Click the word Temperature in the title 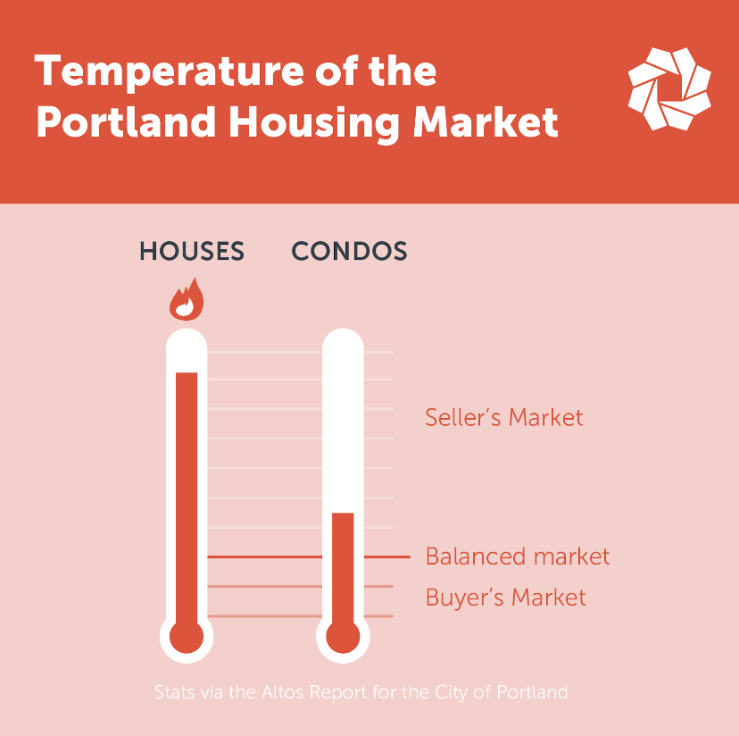click(170, 71)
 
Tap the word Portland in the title click(127, 121)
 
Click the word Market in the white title click(486, 121)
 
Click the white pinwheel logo click(669, 88)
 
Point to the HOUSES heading click(192, 251)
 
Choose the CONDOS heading click(349, 251)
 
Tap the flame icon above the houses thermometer click(187, 299)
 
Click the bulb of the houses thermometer click(187, 637)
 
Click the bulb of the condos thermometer click(343, 637)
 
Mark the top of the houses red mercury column click(187, 373)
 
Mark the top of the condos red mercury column click(343, 514)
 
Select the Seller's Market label click(504, 417)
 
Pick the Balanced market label click(518, 556)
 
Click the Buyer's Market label click(506, 598)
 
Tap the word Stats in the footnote click(175, 692)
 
